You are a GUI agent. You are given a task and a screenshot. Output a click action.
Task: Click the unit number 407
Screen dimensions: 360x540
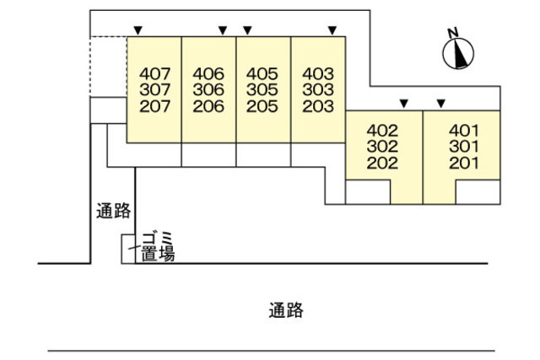coord(154,73)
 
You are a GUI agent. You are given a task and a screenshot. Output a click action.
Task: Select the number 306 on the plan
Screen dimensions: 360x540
coord(208,90)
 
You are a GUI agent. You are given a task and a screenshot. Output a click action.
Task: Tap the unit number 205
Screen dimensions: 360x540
coord(262,106)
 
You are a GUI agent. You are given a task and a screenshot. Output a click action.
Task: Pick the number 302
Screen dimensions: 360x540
coord(382,147)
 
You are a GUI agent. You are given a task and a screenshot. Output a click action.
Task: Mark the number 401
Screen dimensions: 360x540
coord(464,131)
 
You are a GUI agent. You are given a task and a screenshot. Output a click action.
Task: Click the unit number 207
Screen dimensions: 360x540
coord(154,106)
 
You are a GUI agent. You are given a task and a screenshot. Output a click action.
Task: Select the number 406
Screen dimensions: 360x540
coord(208,73)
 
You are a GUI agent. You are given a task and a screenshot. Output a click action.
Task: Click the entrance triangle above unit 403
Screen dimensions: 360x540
coord(332,31)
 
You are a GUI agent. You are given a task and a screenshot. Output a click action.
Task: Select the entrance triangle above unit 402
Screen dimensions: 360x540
coord(404,104)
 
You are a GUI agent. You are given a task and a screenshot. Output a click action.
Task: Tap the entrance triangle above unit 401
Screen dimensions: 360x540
coord(440,104)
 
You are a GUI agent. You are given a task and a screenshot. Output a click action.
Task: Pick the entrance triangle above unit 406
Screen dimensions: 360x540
coord(223,31)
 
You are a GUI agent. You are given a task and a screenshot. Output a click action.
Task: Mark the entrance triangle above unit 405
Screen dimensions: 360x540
coord(249,31)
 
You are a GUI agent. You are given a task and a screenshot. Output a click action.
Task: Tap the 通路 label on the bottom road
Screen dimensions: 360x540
coord(286,310)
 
